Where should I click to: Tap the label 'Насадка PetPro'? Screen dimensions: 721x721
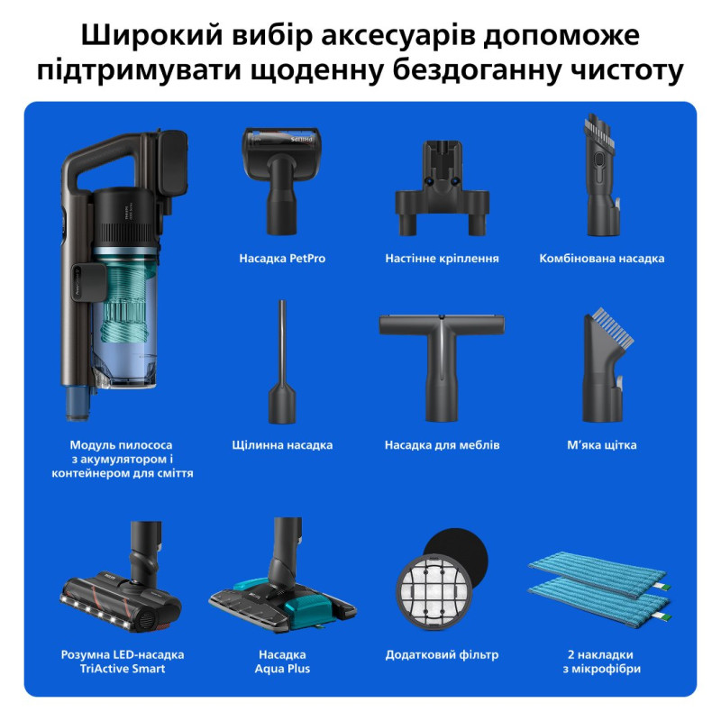click(x=282, y=259)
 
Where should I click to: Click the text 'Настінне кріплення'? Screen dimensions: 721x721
click(x=442, y=259)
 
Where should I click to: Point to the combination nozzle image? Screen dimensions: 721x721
click(x=601, y=176)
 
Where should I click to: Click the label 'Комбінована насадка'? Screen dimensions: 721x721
click(x=602, y=259)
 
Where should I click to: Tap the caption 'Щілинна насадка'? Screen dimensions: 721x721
click(x=282, y=445)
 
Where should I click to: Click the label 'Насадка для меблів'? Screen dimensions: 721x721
click(x=442, y=445)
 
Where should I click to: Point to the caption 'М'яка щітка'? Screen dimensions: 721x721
click(x=602, y=445)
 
